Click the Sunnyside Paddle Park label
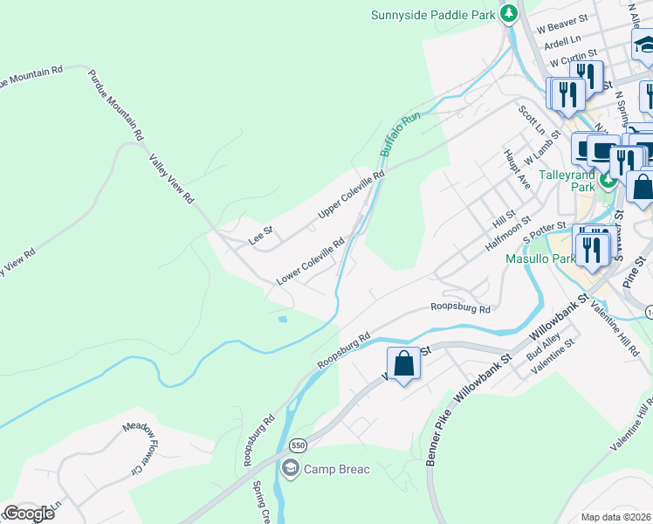tap(433, 14)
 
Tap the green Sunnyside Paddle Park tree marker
tap(508, 14)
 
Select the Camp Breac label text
tap(336, 470)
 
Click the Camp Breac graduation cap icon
tap(290, 469)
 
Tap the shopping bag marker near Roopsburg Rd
tap(404, 363)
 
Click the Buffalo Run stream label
tap(400, 134)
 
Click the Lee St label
tap(261, 235)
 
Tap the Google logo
tap(28, 514)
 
